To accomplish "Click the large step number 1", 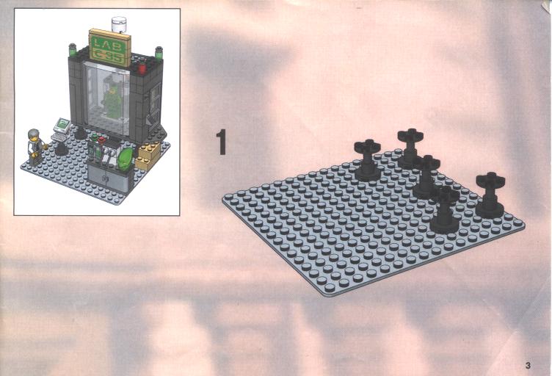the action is pos(221,142).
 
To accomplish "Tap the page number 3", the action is pos(528,366).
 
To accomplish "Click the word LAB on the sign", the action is pos(108,44).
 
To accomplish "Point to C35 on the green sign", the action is pos(109,56).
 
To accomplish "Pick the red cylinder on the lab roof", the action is pos(142,68).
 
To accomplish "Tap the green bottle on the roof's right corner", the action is pos(159,53).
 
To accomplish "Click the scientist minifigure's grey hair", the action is pos(34,134).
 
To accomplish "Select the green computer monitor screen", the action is pos(62,125).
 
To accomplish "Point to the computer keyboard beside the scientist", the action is pos(58,137).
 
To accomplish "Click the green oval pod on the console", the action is pos(126,160).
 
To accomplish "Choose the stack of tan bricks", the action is pos(148,156).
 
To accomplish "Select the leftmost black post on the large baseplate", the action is pos(368,160).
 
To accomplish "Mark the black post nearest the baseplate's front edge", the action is pos(445,209).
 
